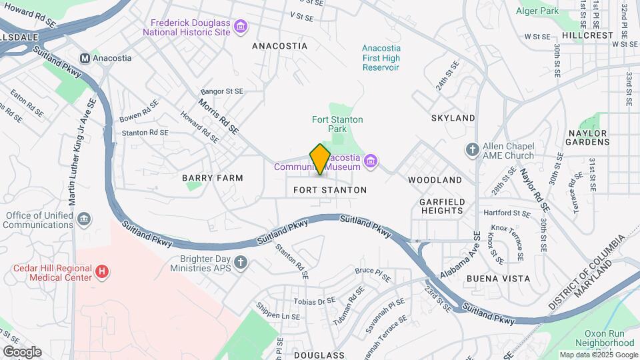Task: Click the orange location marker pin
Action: click(320, 159)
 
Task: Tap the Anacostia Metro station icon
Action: click(85, 58)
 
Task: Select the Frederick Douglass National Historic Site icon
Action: click(241, 27)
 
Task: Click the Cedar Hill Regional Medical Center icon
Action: click(101, 271)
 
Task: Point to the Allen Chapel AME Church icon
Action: click(473, 149)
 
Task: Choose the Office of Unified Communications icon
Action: click(84, 219)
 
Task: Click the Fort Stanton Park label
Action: click(337, 125)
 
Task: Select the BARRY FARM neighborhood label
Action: click(213, 178)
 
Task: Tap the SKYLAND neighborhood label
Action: click(453, 118)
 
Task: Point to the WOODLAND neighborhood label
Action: click(435, 180)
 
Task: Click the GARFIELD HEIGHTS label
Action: click(441, 205)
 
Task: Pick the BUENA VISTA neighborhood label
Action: click(499, 278)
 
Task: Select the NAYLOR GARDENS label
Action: click(587, 137)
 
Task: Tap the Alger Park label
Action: click(537, 11)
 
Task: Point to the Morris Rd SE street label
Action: click(218, 117)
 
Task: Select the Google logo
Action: click(22, 352)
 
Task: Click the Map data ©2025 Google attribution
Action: click(598, 355)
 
